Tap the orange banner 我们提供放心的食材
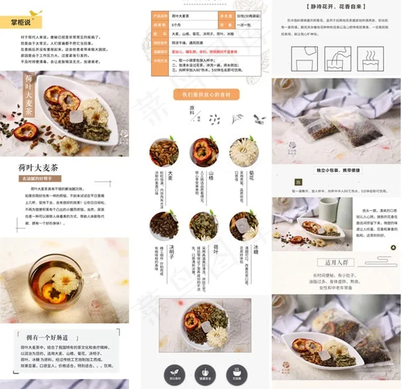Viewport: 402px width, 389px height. click(206, 94)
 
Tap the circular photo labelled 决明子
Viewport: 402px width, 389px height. click(164, 225)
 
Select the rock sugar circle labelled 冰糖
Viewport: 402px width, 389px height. click(243, 225)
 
